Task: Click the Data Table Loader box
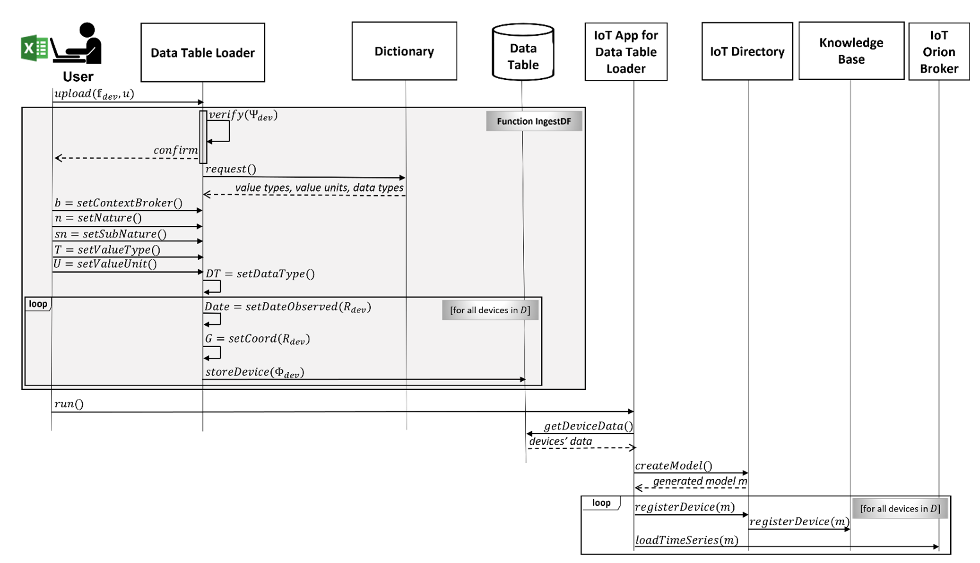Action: point(203,53)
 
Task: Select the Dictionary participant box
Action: point(404,51)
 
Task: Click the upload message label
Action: point(94,94)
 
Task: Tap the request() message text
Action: point(230,169)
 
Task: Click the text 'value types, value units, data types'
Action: point(319,188)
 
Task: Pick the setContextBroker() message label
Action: point(118,203)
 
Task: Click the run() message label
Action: point(69,404)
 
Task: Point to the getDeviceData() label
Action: point(588,426)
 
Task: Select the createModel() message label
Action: point(673,466)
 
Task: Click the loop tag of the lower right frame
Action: point(601,503)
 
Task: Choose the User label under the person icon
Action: point(78,77)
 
